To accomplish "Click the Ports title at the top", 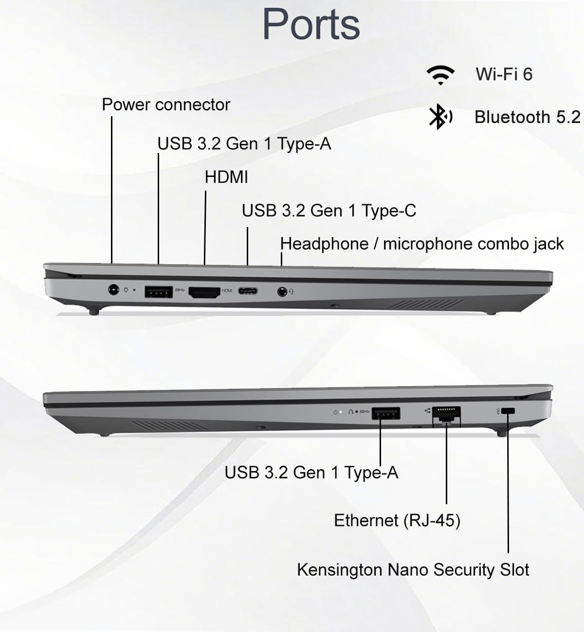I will pyautogui.click(x=311, y=24).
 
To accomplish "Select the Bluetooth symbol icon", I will pyautogui.click(x=439, y=117).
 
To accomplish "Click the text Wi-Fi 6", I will pyautogui.click(x=504, y=74).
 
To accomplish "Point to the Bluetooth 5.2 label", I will pyautogui.click(x=527, y=117).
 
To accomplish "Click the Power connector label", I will pyautogui.click(x=165, y=105).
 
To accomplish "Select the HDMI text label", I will pyautogui.click(x=226, y=177).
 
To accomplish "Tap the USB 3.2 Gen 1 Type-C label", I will pyautogui.click(x=329, y=211).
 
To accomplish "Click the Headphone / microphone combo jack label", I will pyautogui.click(x=422, y=244).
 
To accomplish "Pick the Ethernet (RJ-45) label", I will pyautogui.click(x=397, y=521).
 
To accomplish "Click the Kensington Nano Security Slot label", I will pyautogui.click(x=413, y=570).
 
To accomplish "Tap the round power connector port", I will pyautogui.click(x=113, y=290).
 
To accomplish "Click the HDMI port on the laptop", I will pyautogui.click(x=204, y=292).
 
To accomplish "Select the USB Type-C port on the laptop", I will pyautogui.click(x=248, y=291).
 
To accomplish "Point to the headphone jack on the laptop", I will pyautogui.click(x=282, y=292).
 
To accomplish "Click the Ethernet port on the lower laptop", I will pyautogui.click(x=446, y=414).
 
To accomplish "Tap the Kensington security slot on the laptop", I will pyautogui.click(x=508, y=411).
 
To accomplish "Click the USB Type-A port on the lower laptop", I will pyautogui.click(x=386, y=414).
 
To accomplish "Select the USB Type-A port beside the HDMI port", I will pyautogui.click(x=159, y=292).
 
